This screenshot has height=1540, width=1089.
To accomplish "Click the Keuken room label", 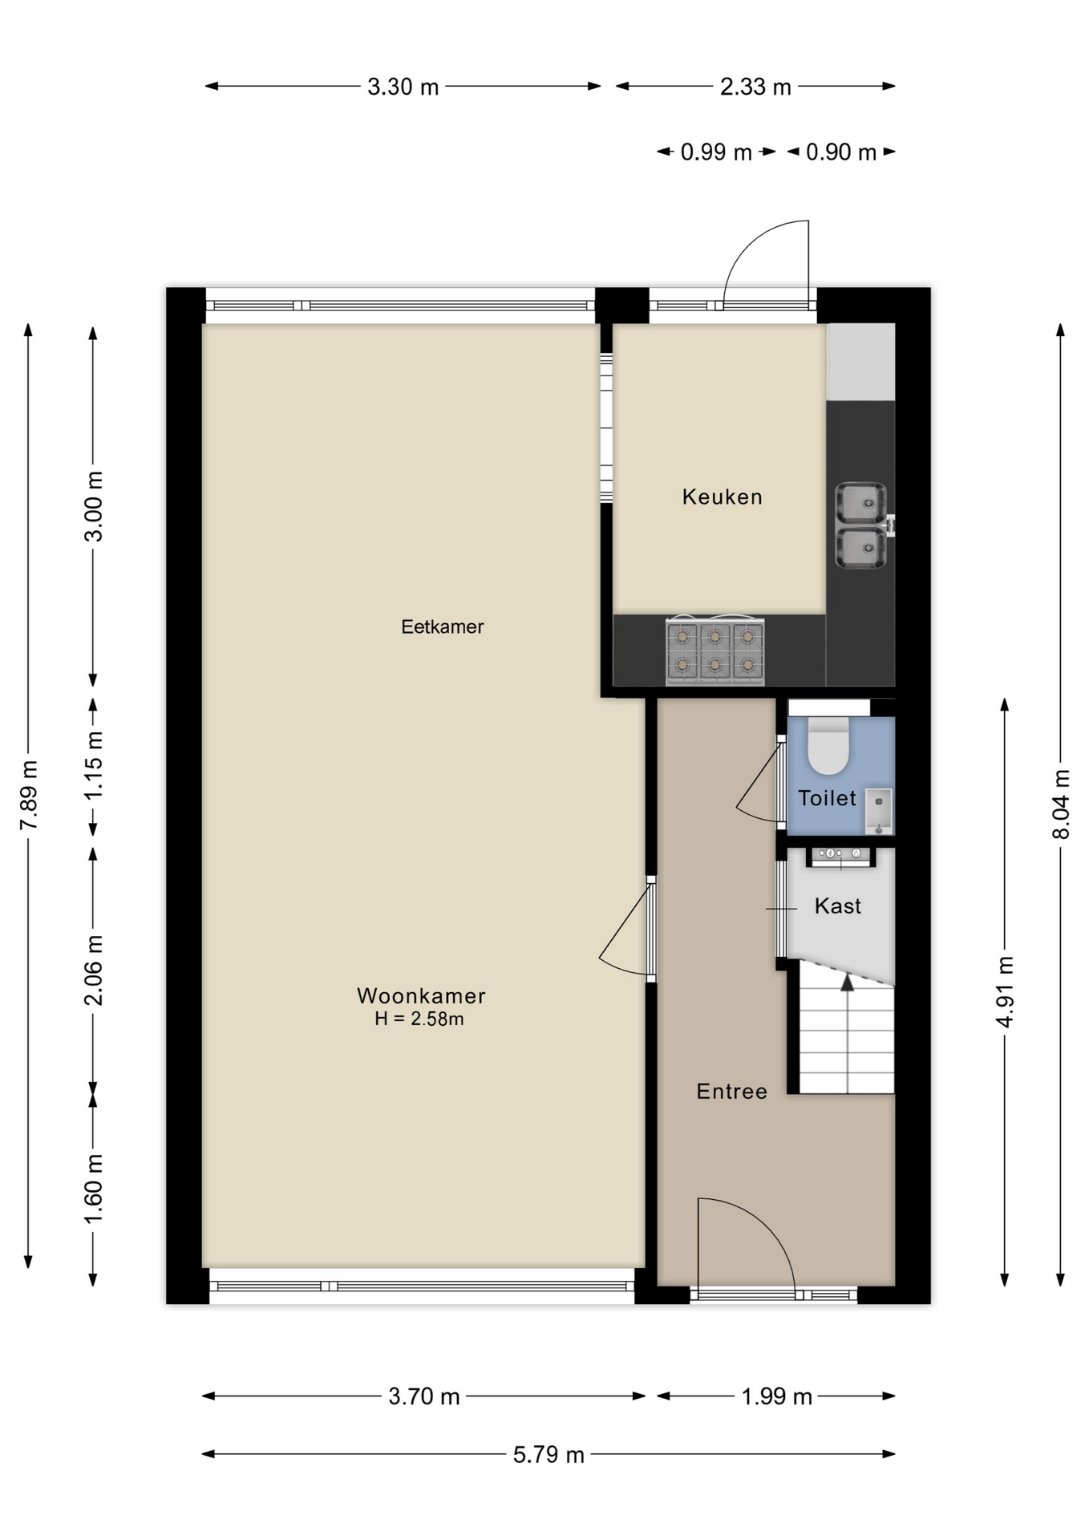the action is click(722, 497).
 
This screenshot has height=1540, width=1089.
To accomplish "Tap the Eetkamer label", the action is click(442, 626).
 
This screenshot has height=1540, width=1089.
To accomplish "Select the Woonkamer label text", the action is click(421, 995).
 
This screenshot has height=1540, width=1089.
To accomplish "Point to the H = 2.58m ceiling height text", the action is click(419, 1019).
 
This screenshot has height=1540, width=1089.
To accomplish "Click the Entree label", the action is click(731, 1091).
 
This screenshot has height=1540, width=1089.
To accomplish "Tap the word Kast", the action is click(837, 906).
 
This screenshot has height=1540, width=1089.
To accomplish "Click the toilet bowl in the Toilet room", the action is click(828, 746).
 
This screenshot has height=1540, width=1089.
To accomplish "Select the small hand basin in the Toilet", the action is click(879, 811).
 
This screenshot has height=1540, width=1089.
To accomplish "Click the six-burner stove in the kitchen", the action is click(715, 650).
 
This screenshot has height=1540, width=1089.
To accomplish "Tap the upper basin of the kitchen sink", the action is click(860, 503).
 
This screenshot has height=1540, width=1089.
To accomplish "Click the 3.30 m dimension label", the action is click(403, 87).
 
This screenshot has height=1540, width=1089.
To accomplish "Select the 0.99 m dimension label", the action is click(716, 152).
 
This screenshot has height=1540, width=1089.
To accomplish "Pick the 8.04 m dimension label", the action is click(1060, 804).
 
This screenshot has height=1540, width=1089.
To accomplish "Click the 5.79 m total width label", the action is click(549, 1454).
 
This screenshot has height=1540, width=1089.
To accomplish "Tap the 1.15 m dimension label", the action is click(94, 764).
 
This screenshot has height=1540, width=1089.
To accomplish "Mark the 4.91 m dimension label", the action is click(1004, 991).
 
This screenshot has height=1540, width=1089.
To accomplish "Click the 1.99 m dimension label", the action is click(776, 1396).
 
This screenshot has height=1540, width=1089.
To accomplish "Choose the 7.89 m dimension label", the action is click(29, 796).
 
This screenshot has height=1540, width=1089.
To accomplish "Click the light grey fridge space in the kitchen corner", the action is click(860, 362).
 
